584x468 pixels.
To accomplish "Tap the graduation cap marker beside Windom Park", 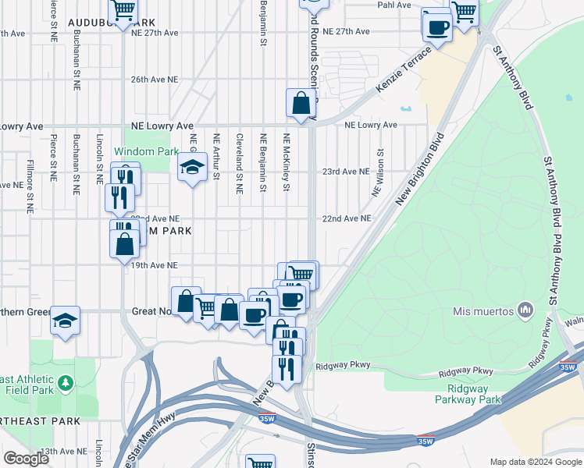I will [192, 167].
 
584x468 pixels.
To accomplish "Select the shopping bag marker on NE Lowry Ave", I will [301, 103].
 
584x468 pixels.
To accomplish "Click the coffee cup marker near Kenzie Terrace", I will [437, 27].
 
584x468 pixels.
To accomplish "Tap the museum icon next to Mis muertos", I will [525, 311].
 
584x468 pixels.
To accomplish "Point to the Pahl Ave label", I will [394, 5].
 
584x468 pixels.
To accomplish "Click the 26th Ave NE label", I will [155, 80].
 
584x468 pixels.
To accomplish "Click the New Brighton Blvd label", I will [419, 168].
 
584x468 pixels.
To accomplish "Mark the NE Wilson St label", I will [380, 172].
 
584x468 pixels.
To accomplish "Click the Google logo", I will [25, 458].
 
